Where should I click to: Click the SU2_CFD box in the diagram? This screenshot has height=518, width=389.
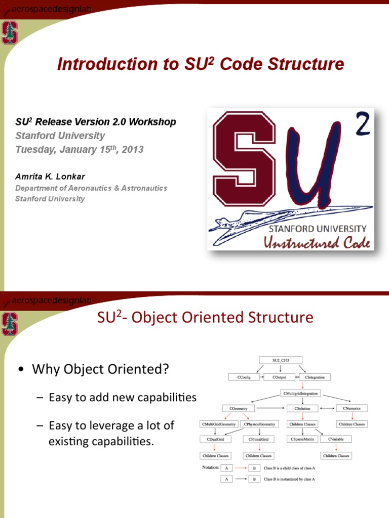(280, 360)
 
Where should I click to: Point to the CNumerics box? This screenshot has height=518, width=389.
(352, 408)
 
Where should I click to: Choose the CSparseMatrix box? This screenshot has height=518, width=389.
(302, 439)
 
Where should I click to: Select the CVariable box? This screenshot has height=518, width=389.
(336, 439)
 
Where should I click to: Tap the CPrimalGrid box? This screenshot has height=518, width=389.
(259, 439)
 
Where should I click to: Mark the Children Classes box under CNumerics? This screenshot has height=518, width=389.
(352, 424)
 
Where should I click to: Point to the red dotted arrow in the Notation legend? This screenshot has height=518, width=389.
(240, 468)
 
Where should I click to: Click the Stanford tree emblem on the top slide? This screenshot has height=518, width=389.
(9, 33)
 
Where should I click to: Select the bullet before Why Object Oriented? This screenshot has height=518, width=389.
(21, 370)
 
